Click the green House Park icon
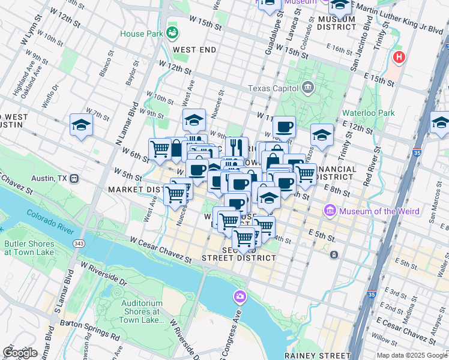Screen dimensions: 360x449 coord(173,31)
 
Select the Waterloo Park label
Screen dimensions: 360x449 coord(368,112)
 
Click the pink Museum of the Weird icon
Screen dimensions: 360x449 coord(330,211)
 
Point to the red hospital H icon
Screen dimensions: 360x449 coord(397,58)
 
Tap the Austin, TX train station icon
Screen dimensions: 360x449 coord(74,178)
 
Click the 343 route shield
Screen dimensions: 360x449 coord(79,244)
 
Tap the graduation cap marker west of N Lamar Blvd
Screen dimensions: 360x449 coord(81,125)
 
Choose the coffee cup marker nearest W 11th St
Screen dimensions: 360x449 coord(284,127)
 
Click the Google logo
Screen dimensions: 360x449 coord(20,353)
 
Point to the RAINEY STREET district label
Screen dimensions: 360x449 coord(317,355)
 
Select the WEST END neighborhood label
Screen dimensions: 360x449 coord(194,50)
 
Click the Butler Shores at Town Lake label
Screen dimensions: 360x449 coord(25,248)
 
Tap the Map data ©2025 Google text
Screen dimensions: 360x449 coord(411,355)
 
